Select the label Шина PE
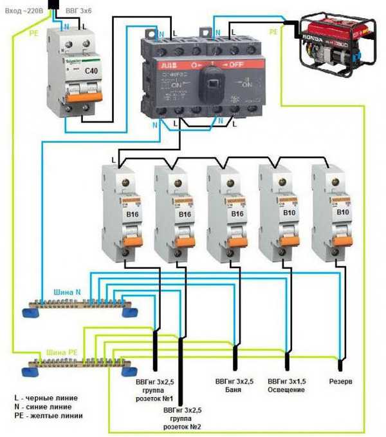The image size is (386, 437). point(62,353)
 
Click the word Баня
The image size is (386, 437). point(233,389)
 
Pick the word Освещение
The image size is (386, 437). point(286,389)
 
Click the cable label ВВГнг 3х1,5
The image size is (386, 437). point(286,381)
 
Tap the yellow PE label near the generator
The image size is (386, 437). point(273,31)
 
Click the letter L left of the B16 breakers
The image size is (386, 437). point(113,159)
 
